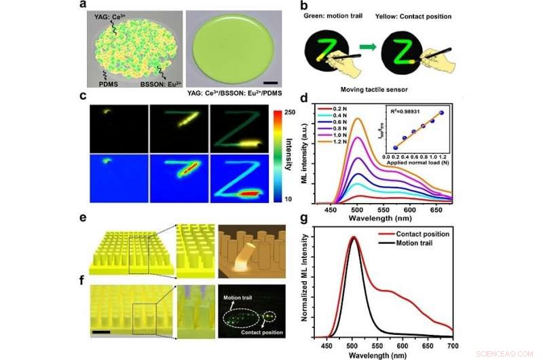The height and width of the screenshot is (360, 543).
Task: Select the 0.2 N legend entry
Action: click(x=350, y=109)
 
